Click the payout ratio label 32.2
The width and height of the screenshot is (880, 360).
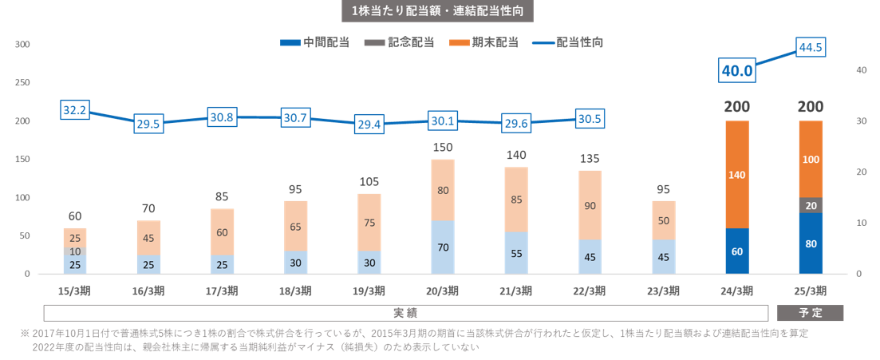click(x=74, y=111)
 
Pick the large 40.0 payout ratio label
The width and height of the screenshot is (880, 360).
click(x=737, y=70)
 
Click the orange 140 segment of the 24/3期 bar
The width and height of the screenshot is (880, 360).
click(x=737, y=174)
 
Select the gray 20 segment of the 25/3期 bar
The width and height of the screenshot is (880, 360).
click(x=810, y=205)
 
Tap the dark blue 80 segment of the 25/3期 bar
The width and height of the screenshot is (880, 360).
click(x=810, y=243)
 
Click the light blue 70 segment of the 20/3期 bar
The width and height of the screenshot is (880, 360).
click(x=443, y=247)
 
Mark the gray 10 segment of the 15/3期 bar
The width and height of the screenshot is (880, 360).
click(x=75, y=251)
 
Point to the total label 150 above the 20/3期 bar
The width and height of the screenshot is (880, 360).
click(x=443, y=147)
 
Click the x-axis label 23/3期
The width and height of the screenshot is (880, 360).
click(x=664, y=290)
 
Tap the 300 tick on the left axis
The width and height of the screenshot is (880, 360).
click(x=22, y=45)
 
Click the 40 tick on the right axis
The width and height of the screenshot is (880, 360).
click(x=861, y=70)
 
